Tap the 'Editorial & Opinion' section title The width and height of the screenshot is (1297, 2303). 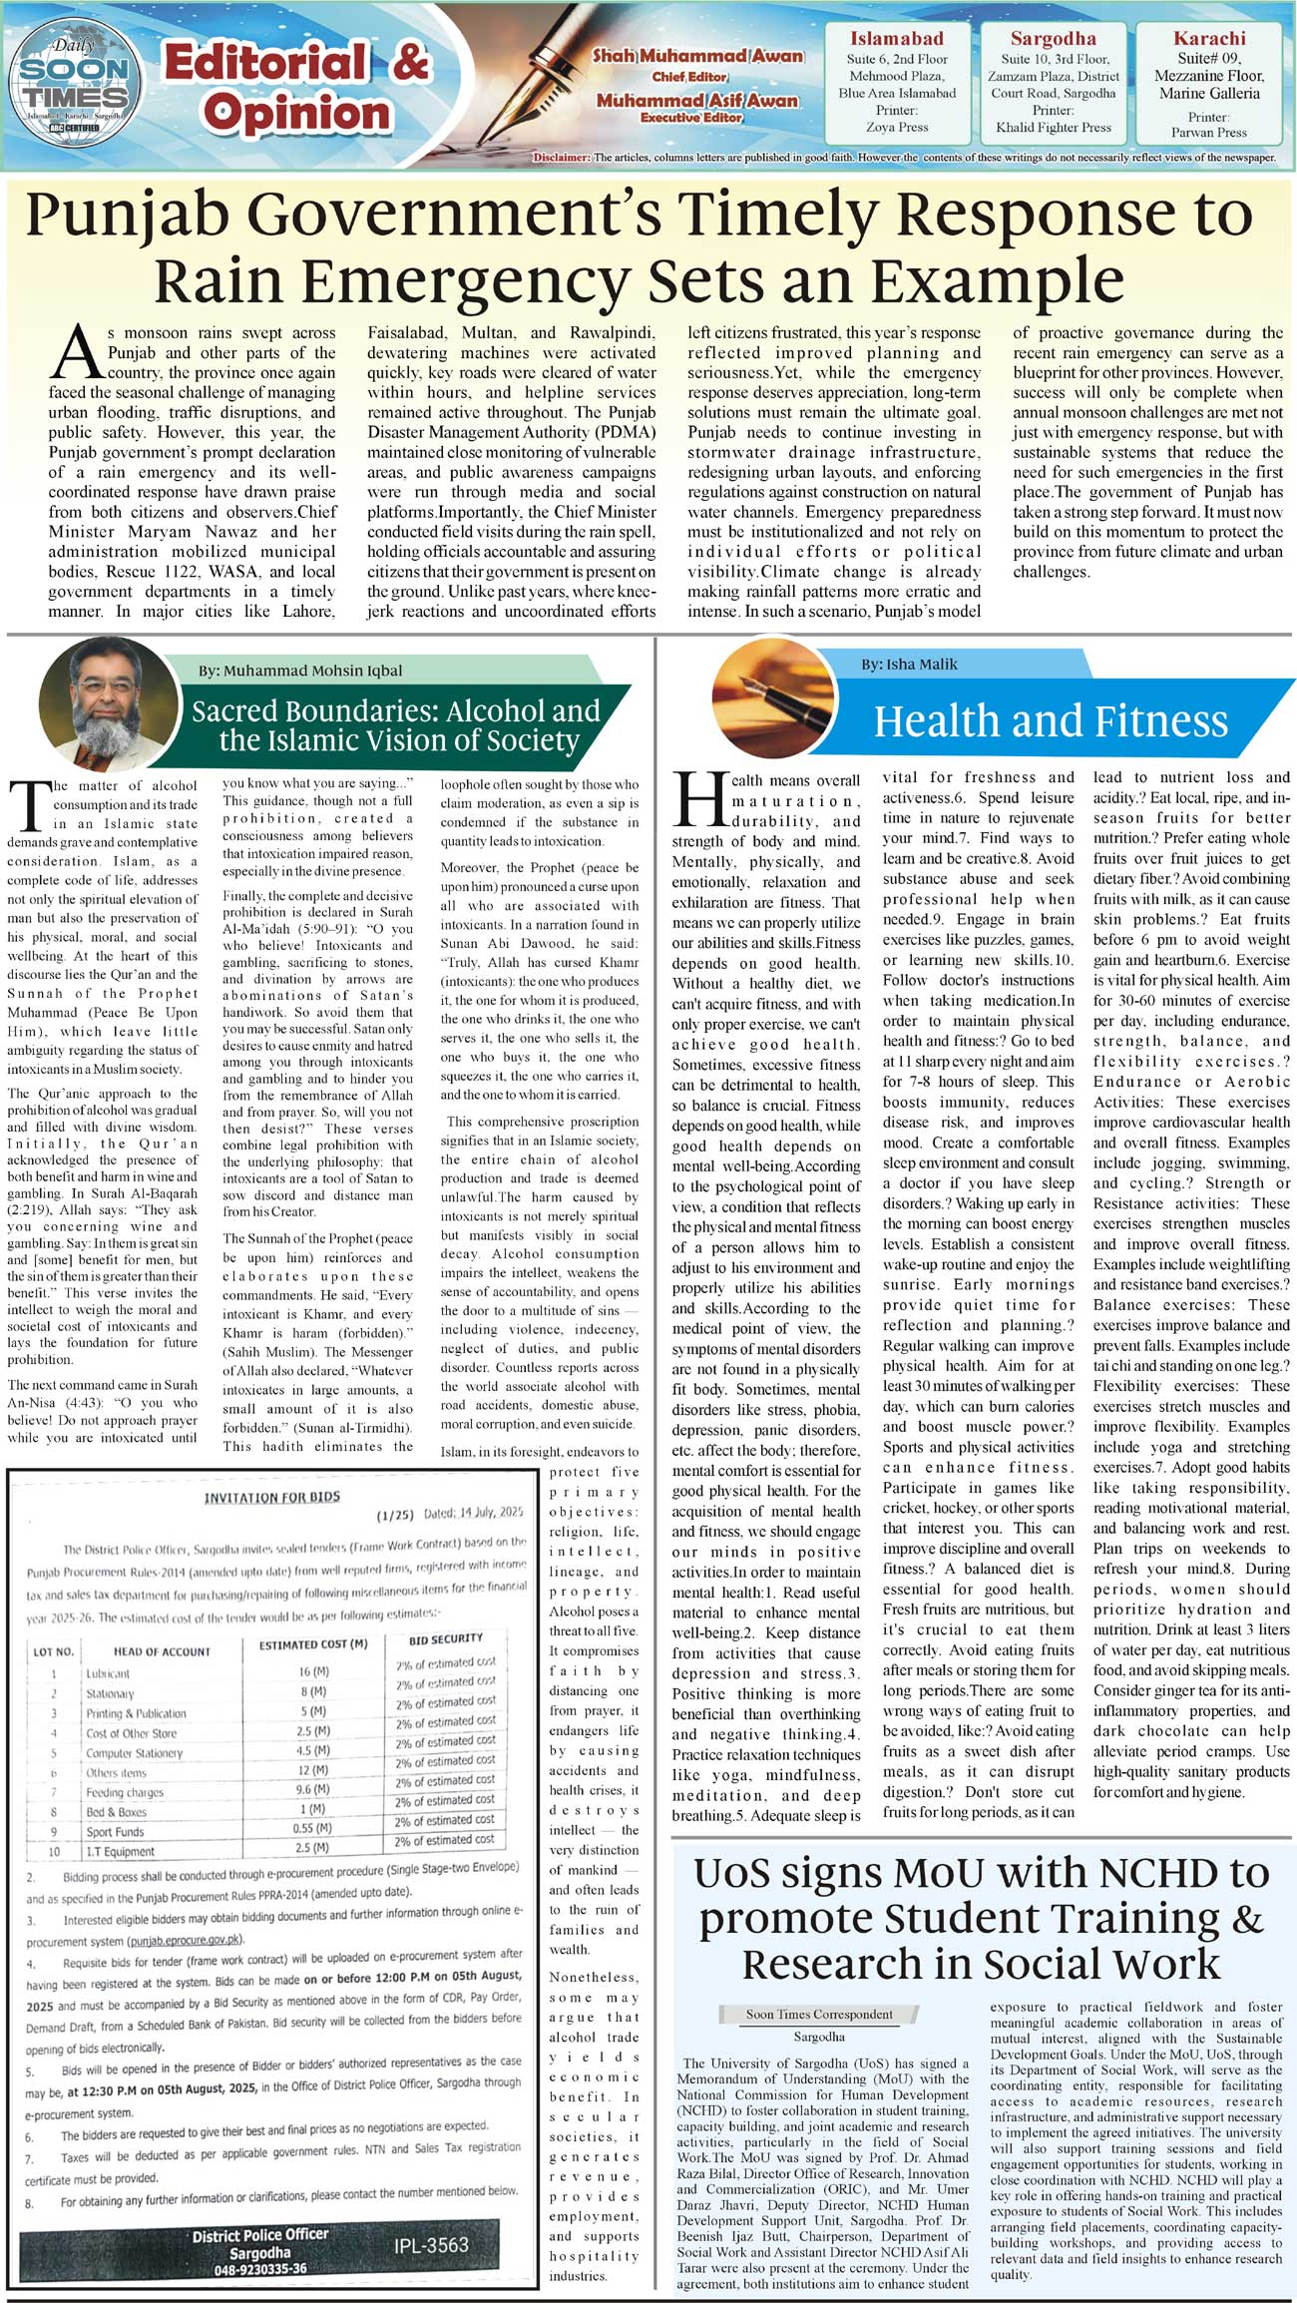click(x=296, y=88)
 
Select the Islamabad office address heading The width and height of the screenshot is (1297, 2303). click(x=896, y=39)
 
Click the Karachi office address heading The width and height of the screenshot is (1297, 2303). click(x=1209, y=39)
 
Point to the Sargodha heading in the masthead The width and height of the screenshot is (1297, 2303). click(x=1053, y=39)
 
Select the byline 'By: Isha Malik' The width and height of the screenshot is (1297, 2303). click(x=909, y=664)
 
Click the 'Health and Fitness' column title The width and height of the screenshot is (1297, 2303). click(x=1051, y=720)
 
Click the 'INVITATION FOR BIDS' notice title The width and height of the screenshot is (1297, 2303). click(x=271, y=1497)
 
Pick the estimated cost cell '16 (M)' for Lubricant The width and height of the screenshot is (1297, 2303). click(x=314, y=1670)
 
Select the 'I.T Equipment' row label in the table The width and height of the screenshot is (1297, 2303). click(x=120, y=1851)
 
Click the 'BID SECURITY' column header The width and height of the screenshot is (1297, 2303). click(x=445, y=1638)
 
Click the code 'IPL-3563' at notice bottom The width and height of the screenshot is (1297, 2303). click(x=431, y=2244)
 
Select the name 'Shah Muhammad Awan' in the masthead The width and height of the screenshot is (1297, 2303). click(x=697, y=57)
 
